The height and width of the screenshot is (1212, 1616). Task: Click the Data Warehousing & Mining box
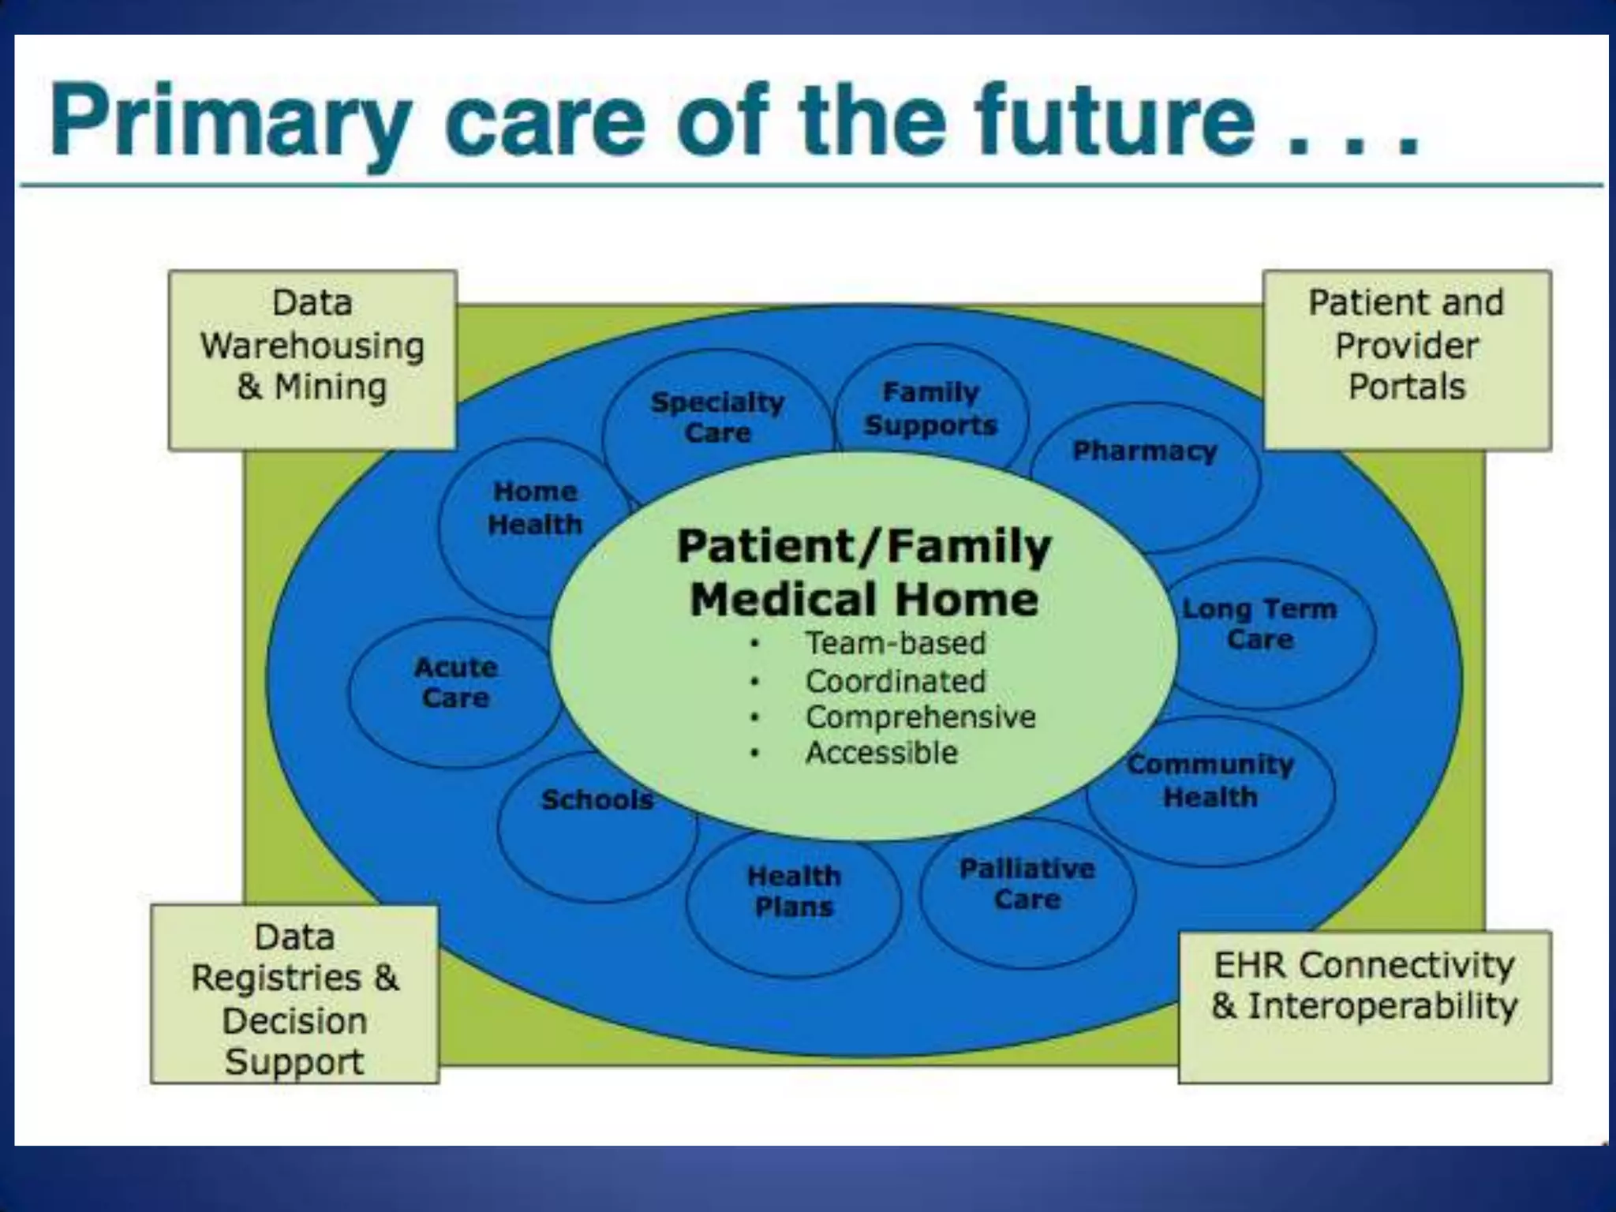point(312,360)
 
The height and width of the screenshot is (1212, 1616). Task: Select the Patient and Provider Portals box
point(1407,360)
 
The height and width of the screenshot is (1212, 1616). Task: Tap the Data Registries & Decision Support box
point(295,994)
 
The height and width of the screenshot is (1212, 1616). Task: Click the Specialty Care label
point(717,417)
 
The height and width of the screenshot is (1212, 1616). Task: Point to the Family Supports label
point(931,409)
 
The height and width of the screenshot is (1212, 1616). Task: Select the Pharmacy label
point(1145,451)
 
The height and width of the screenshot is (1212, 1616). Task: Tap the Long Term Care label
point(1260,623)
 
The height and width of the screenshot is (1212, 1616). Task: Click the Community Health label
point(1210,780)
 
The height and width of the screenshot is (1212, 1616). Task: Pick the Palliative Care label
point(1027,884)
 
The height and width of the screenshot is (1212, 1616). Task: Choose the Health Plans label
point(794,891)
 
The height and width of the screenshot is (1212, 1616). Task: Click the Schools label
point(597,799)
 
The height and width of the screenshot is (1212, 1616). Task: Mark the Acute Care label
point(456,683)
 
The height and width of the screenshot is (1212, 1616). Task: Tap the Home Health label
point(535,507)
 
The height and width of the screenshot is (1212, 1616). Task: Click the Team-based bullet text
point(896,643)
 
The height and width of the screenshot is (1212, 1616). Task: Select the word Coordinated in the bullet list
point(896,681)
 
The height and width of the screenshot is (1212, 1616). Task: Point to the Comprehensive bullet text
point(920,716)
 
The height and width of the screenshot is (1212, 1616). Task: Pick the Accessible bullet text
point(881,753)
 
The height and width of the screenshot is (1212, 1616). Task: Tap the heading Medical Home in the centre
point(864,599)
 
